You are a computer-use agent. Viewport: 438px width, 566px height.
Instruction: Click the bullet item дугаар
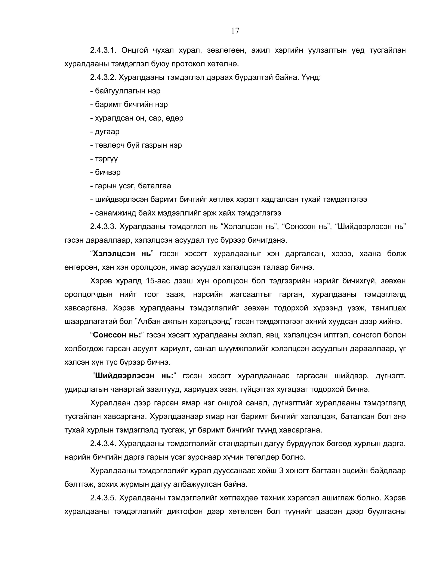pos(107,131)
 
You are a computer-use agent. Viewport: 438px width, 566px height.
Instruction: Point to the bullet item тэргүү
pos(106,159)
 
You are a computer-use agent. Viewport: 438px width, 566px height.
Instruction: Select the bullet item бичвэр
pos(107,172)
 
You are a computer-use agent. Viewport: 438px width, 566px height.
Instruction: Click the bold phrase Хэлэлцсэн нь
pos(122,254)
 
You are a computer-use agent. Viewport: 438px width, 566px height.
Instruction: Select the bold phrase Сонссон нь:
pos(117,335)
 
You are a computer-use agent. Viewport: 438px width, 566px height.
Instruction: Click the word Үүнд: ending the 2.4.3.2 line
pos(311,77)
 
